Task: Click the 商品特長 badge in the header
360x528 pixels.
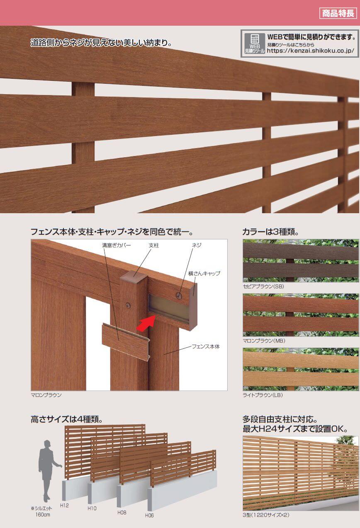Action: pyautogui.click(x=338, y=13)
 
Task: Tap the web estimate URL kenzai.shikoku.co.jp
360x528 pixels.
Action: pyautogui.click(x=310, y=51)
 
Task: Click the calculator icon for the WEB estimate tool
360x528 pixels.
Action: pyautogui.click(x=254, y=39)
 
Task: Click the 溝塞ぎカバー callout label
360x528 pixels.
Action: pyautogui.click(x=116, y=245)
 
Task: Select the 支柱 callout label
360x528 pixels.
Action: pyautogui.click(x=154, y=245)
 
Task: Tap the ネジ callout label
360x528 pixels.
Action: pyautogui.click(x=197, y=245)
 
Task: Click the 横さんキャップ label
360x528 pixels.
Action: pyautogui.click(x=204, y=273)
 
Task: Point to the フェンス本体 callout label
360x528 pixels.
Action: pyautogui.click(x=206, y=346)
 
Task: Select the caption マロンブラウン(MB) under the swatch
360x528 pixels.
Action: pyautogui.click(x=264, y=341)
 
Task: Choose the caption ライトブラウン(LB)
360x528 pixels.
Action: pyautogui.click(x=263, y=394)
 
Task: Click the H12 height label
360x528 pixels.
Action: pyautogui.click(x=64, y=505)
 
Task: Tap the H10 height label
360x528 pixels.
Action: pyautogui.click(x=92, y=509)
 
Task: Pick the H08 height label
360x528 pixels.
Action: pyautogui.click(x=122, y=512)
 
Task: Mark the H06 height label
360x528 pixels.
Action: pyautogui.click(x=149, y=516)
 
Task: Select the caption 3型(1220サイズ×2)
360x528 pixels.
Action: pyautogui.click(x=266, y=515)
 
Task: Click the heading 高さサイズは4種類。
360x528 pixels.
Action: pyautogui.click(x=67, y=419)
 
